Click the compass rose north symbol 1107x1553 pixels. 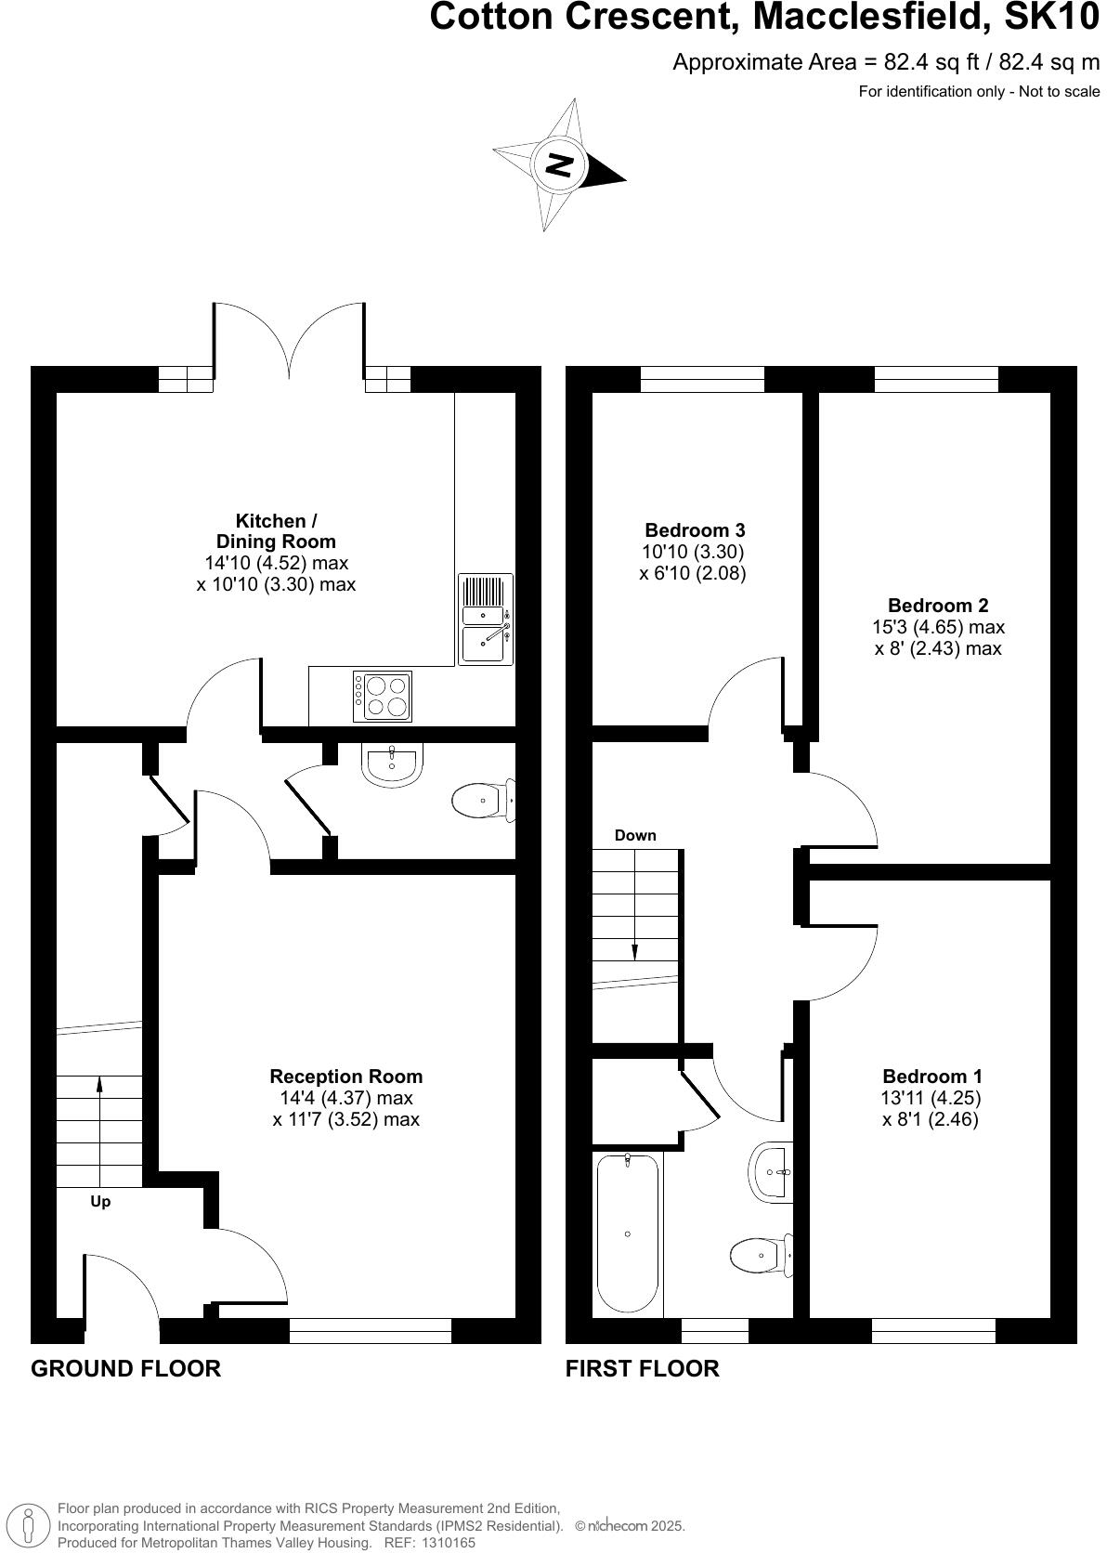[558, 165]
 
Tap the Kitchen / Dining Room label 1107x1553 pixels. [276, 531]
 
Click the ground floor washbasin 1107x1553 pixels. [393, 765]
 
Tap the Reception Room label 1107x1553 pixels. [345, 1077]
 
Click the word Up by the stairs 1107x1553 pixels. [100, 1201]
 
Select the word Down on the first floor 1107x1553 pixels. [635, 835]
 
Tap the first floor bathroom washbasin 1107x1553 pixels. [771, 1172]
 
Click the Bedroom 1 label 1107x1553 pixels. [931, 1077]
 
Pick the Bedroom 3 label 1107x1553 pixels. [695, 530]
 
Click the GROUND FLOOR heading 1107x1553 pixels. [126, 1368]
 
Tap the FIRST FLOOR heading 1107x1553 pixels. [643, 1368]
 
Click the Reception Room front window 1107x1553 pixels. [371, 1330]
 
